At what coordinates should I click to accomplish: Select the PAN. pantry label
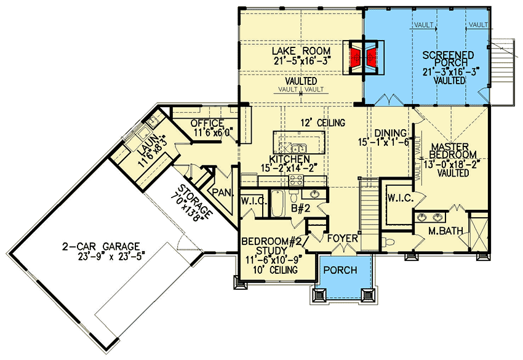tap(223, 193)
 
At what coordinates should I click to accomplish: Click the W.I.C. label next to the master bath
tap(399, 198)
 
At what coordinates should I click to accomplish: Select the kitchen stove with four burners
tap(296, 180)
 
